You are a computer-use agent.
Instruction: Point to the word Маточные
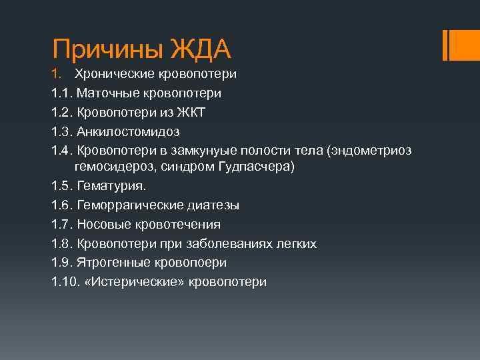[x=107, y=93]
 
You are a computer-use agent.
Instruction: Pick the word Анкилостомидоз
[x=127, y=131]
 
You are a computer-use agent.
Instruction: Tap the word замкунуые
[x=209, y=151]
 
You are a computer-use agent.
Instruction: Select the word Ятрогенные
[x=113, y=263]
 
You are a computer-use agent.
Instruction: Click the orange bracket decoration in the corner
[x=454, y=45]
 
